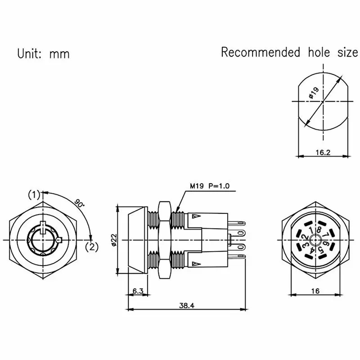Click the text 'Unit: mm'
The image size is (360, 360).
coord(43,54)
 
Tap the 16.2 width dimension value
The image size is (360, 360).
coord(323,152)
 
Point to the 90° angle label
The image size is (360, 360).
coord(80,204)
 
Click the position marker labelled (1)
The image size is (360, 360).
coord(34,194)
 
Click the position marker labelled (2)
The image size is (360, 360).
coord(92,246)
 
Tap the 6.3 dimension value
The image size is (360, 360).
coord(138,292)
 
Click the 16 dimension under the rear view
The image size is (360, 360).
coord(315,292)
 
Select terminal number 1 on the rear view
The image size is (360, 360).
coord(311,231)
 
